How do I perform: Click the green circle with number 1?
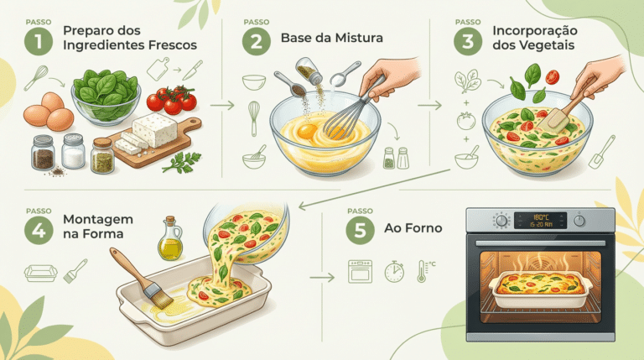pyautogui.click(x=39, y=41)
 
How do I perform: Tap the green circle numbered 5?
pyautogui.click(x=360, y=230)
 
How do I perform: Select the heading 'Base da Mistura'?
pyautogui.click(x=332, y=38)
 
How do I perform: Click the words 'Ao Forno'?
pyautogui.click(x=413, y=228)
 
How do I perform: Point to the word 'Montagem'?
pyautogui.click(x=98, y=220)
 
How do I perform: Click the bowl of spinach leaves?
pyautogui.click(x=106, y=97)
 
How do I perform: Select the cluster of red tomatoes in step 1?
pyautogui.click(x=172, y=100)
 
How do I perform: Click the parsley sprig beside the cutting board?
pyautogui.click(x=182, y=162)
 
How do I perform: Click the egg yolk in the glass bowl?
pyautogui.click(x=307, y=132)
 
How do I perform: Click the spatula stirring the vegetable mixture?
pyautogui.click(x=560, y=113)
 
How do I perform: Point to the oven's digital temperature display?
pyautogui.click(x=540, y=220)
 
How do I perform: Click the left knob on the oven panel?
pyautogui.click(x=501, y=220)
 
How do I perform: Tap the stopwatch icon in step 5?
pyautogui.click(x=394, y=271)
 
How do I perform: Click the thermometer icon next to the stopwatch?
pyautogui.click(x=423, y=271)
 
